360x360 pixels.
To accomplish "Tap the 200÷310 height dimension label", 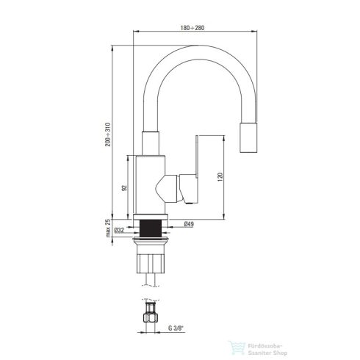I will [x=109, y=132].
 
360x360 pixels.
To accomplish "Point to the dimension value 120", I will [x=220, y=177].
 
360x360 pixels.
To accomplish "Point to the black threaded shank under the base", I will [x=154, y=227].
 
